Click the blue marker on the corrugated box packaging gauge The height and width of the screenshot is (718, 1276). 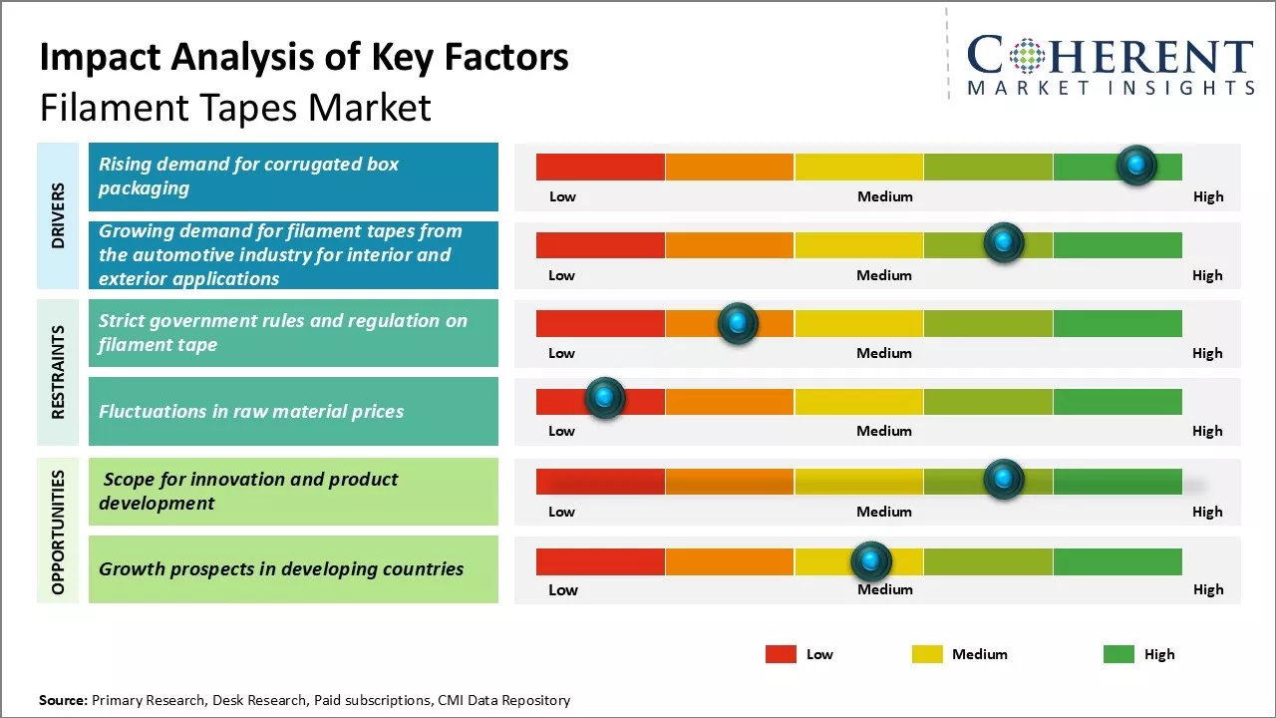[x=1136, y=165]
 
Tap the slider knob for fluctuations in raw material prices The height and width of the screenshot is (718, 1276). [x=604, y=398]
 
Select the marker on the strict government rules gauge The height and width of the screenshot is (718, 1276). [x=738, y=322]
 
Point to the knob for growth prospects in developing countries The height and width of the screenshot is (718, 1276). [x=871, y=561]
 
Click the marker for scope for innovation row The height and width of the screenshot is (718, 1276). [x=1003, y=480]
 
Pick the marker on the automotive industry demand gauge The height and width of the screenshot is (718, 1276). [x=1003, y=242]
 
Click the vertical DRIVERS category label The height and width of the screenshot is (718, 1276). [x=58, y=215]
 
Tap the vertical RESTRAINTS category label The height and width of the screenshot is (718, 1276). [x=58, y=372]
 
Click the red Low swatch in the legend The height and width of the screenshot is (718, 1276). [x=781, y=654]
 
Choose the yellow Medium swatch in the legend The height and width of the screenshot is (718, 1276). [x=927, y=654]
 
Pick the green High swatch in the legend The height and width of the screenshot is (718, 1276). [x=1118, y=654]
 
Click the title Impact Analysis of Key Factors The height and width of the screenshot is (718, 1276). [x=304, y=57]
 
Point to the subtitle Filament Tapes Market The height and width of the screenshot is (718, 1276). [x=235, y=108]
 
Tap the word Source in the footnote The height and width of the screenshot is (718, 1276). [x=64, y=700]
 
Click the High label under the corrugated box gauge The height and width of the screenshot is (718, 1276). [x=1207, y=196]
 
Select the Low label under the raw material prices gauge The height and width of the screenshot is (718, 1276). [x=561, y=431]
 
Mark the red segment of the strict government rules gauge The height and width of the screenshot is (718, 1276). [x=600, y=323]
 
